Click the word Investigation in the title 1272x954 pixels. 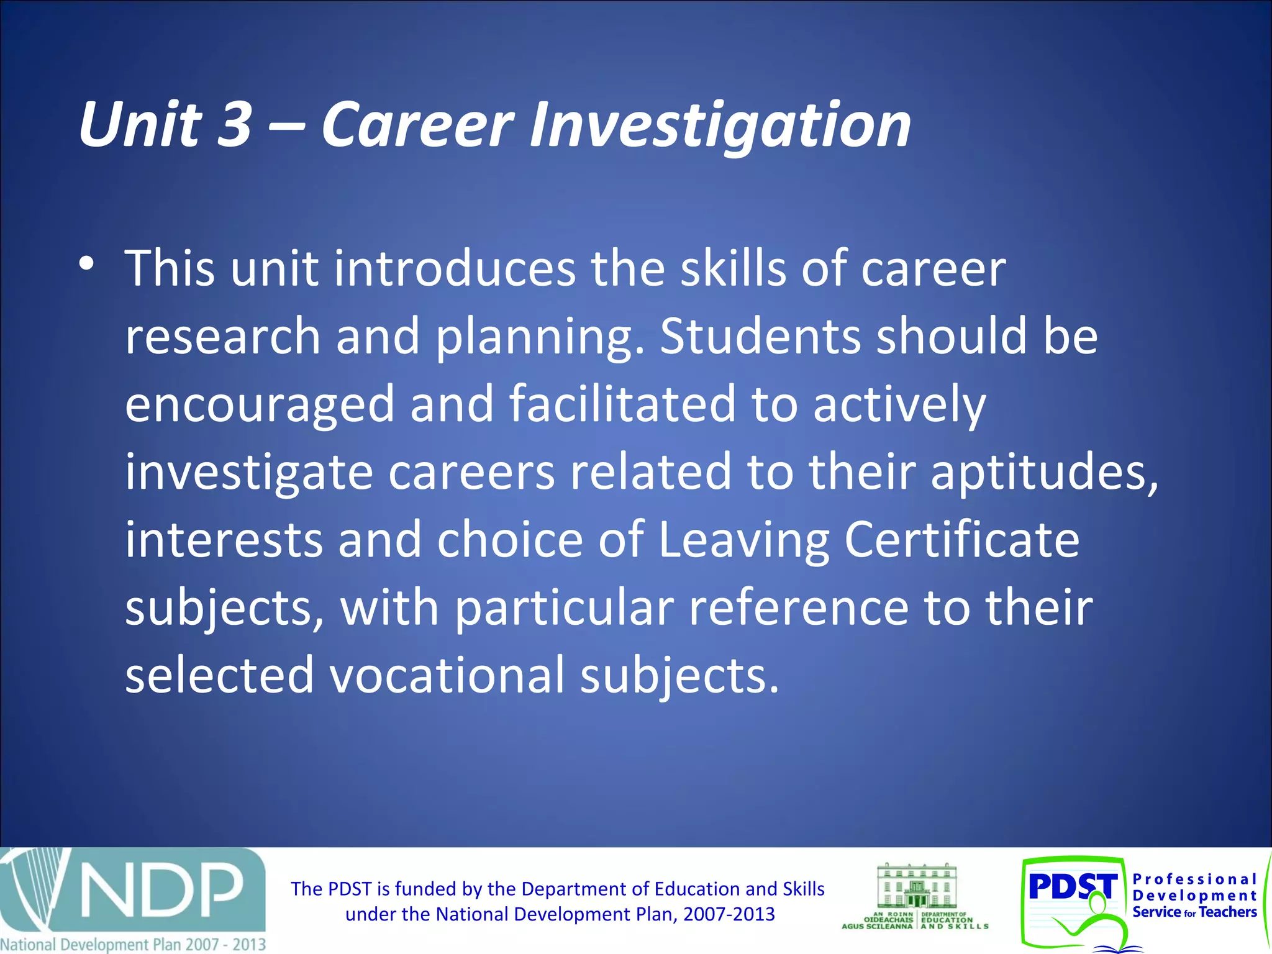[720, 125]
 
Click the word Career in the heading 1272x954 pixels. [417, 125]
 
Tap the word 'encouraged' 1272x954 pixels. [260, 404]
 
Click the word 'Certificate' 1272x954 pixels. [961, 539]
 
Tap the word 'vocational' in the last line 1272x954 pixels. [447, 675]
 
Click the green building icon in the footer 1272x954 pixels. [916, 885]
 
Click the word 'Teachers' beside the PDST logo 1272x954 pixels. [1228, 912]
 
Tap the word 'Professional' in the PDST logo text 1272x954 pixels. [1194, 879]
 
